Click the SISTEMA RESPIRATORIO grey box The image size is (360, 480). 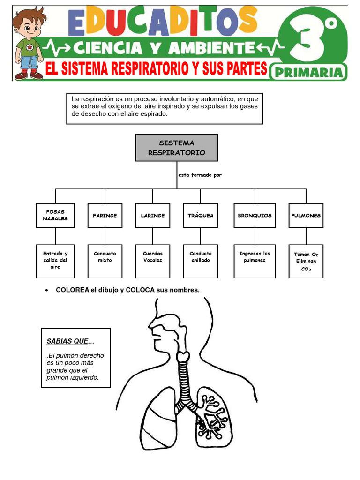[x=176, y=148]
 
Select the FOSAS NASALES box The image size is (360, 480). [x=55, y=215]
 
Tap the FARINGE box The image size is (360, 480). [x=105, y=215]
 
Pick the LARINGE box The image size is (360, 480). [x=153, y=215]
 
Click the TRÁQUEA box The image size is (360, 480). [x=201, y=215]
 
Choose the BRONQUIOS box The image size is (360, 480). [x=255, y=215]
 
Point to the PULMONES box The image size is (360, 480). [x=306, y=215]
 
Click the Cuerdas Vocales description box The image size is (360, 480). [x=153, y=261]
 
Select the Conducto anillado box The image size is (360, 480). [x=201, y=261]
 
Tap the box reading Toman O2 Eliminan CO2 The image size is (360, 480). [x=306, y=261]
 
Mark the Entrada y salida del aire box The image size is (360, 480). [x=55, y=261]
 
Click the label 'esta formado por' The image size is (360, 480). [x=200, y=175]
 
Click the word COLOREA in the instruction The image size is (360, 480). [x=73, y=290]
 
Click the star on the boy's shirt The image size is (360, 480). [x=30, y=47]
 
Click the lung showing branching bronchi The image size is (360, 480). [x=214, y=415]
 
